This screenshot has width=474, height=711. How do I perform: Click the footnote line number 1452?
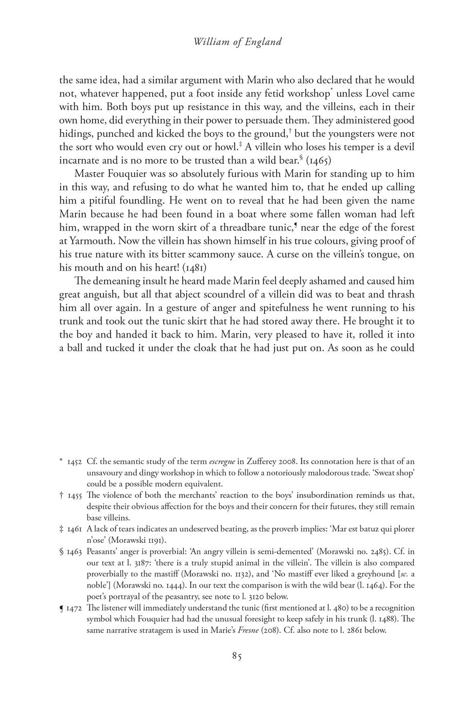(x=75, y=462)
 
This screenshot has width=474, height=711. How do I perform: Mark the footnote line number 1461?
(x=75, y=529)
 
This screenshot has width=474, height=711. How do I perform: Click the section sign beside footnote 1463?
(x=62, y=552)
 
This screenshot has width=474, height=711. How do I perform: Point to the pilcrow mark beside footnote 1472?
(x=62, y=609)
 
